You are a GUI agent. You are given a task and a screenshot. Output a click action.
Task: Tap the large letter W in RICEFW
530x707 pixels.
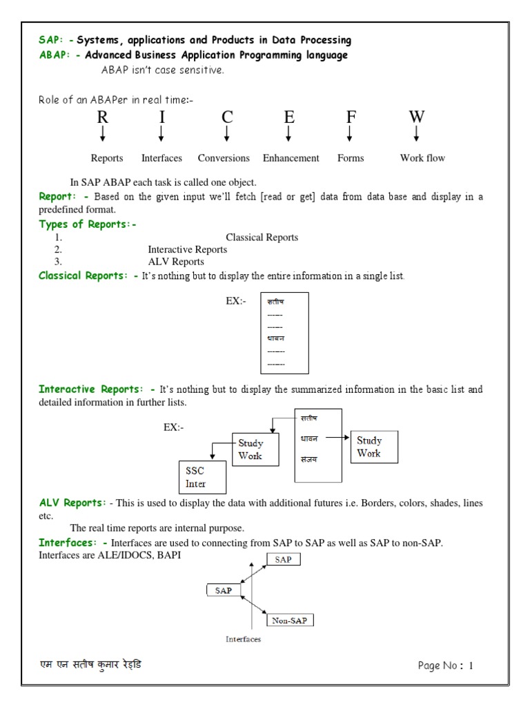pos(416,117)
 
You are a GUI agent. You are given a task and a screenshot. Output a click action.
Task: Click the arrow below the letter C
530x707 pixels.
pos(226,133)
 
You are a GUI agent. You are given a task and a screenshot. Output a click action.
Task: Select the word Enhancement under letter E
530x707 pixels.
pos(291,158)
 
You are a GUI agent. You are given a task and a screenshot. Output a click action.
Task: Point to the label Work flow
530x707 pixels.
pos(422,158)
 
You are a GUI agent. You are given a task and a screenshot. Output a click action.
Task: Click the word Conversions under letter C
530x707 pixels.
pos(224,158)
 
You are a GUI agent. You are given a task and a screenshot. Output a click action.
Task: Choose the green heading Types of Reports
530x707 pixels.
pos(88,224)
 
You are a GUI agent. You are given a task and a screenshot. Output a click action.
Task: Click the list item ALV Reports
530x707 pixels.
pos(176,262)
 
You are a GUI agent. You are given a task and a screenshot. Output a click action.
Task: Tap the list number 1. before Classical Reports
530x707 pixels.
pos(59,238)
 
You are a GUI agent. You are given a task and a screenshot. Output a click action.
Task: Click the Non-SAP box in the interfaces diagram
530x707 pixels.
pos(292,620)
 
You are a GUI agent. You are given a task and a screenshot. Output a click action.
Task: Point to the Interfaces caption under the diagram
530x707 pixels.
pos(243,639)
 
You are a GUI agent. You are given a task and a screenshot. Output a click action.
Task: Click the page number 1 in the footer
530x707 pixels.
pos(471,666)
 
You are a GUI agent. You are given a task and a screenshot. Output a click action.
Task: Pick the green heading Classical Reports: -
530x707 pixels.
pos(88,276)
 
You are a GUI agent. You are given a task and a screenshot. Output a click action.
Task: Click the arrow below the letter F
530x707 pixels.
pos(350,133)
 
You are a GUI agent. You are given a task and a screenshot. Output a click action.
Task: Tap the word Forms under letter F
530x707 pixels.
pos(350,158)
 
